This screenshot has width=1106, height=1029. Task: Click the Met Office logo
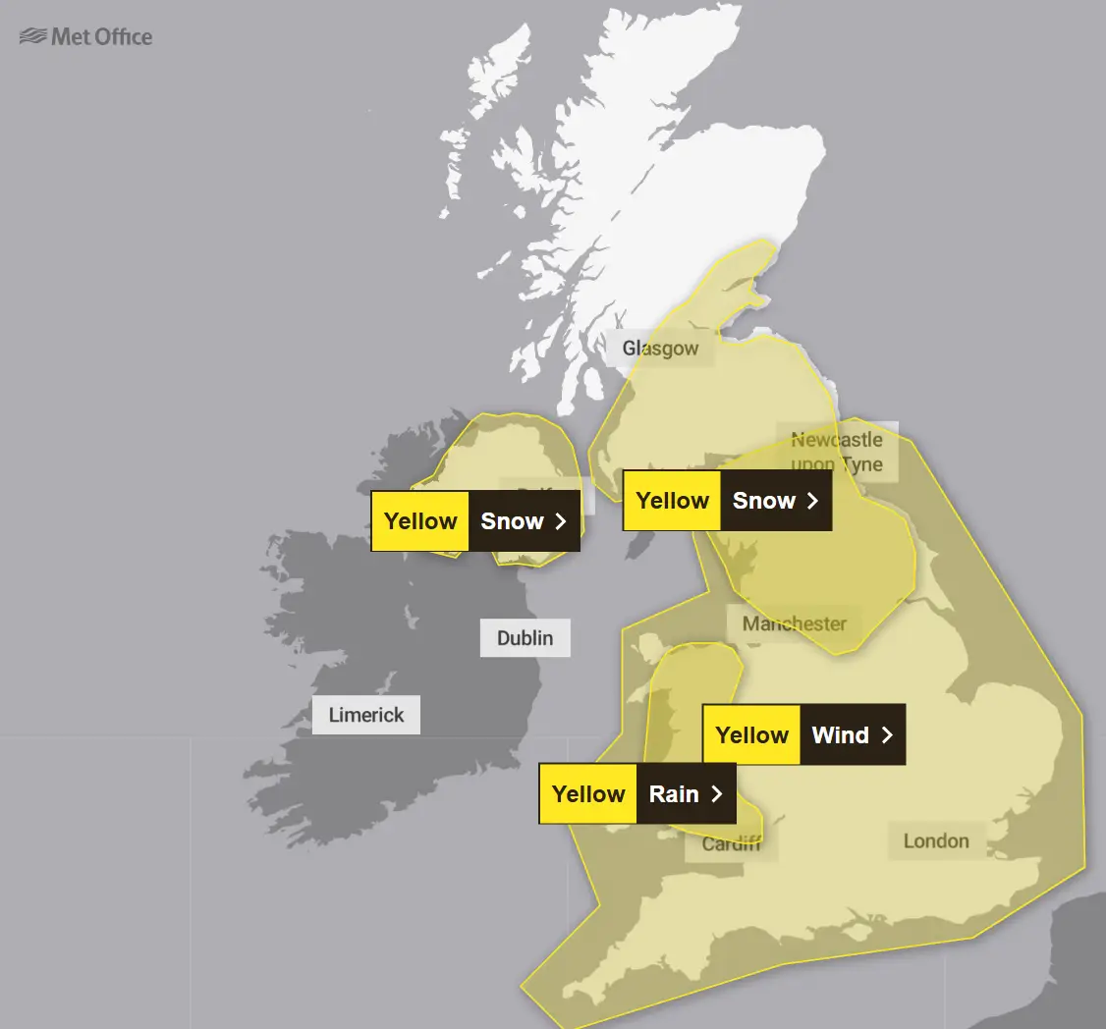[x=86, y=37]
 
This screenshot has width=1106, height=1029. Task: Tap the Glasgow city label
[x=660, y=349]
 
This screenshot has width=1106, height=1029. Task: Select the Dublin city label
[x=525, y=638]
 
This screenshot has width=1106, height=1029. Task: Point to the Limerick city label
[x=366, y=715]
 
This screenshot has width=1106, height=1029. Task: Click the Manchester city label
[x=794, y=623]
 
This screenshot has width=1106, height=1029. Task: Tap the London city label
[x=936, y=840]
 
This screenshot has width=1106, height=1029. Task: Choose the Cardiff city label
[x=731, y=843]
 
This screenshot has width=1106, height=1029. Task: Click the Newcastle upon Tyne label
[x=837, y=452]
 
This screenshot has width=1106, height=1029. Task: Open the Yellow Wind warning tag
[x=803, y=734]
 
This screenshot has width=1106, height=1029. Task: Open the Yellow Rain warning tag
[x=636, y=793]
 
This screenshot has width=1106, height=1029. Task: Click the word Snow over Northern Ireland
[x=512, y=521]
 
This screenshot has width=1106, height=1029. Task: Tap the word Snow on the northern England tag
[x=763, y=501]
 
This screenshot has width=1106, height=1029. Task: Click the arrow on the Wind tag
[x=887, y=734]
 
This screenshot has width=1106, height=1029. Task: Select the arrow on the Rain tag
[x=716, y=793]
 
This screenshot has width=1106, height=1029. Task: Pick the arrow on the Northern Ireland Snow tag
[x=561, y=521]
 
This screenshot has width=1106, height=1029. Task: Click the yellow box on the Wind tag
[x=751, y=734]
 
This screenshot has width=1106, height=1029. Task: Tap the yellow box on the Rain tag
[x=588, y=793]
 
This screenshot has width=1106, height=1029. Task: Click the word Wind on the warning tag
[x=840, y=734]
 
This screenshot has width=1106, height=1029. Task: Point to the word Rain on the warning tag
[x=674, y=793]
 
